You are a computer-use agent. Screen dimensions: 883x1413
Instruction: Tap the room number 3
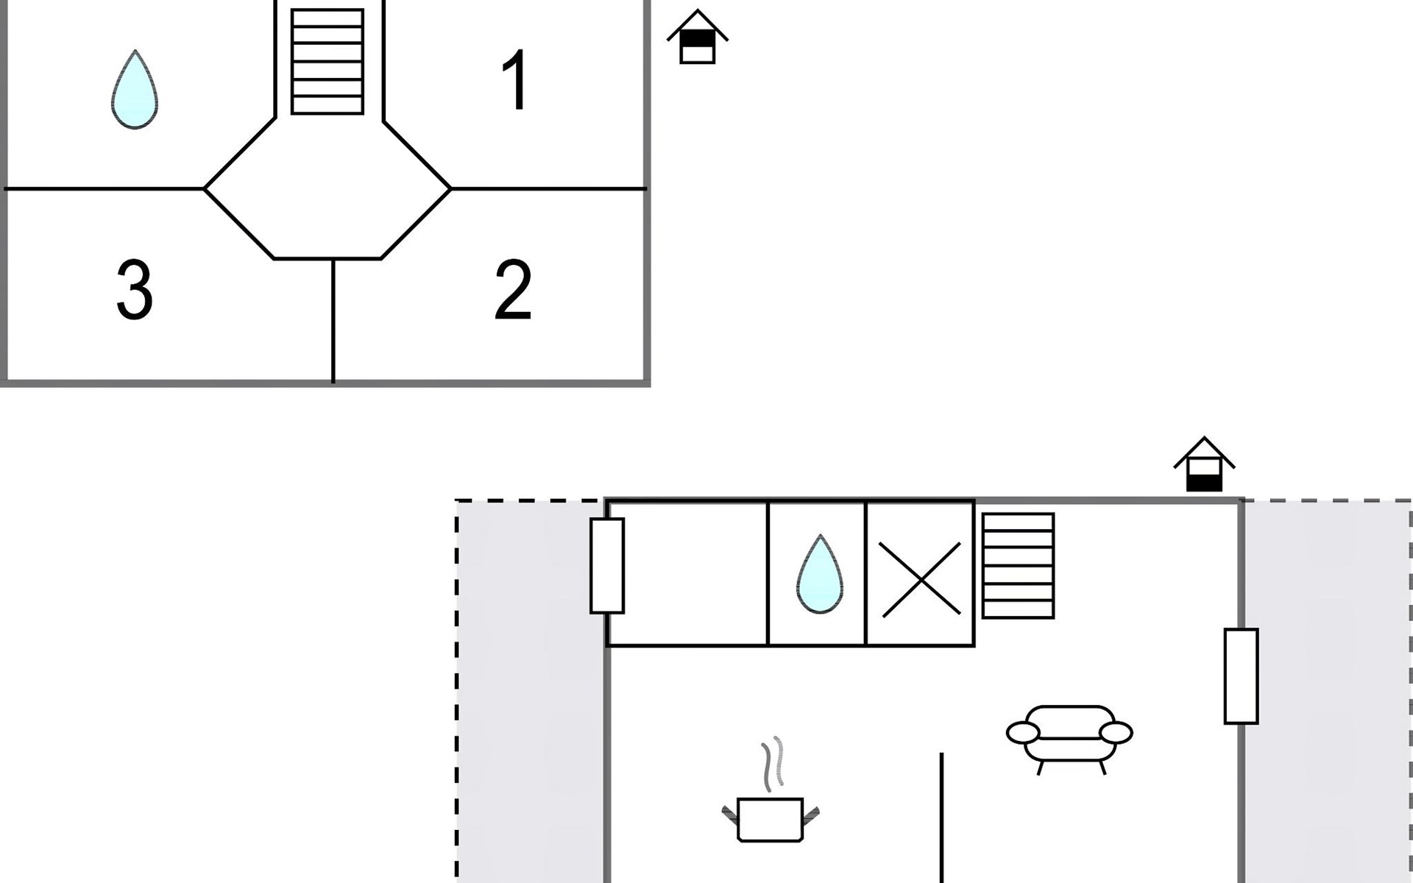click(135, 289)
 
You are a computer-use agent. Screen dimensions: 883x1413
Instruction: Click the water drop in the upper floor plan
click(135, 90)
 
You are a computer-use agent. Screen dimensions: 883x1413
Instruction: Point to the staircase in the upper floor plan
click(327, 62)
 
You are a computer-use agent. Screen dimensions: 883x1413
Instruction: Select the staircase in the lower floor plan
click(1018, 565)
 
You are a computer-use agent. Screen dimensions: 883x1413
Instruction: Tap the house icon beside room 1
click(697, 38)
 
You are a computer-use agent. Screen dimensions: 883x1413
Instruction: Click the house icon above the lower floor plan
click(1204, 465)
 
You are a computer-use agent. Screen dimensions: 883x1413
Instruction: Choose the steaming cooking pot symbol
click(770, 818)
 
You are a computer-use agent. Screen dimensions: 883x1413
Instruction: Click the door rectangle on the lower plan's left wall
click(607, 565)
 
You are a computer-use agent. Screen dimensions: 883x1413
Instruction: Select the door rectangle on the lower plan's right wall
click(1241, 675)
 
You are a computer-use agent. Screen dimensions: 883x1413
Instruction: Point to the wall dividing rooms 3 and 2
click(333, 321)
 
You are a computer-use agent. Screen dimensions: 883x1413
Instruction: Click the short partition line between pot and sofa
click(941, 817)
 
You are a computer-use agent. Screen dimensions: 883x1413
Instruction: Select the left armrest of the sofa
click(1023, 732)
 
